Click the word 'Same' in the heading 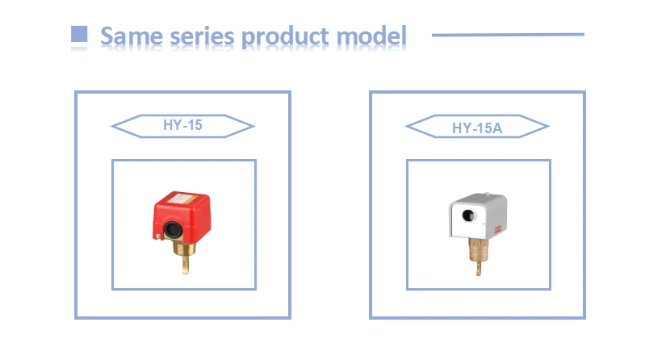coord(128,36)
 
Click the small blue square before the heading coord(79,34)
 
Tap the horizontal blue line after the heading coord(508,35)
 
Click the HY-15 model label coord(182,126)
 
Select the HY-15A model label coord(477,127)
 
